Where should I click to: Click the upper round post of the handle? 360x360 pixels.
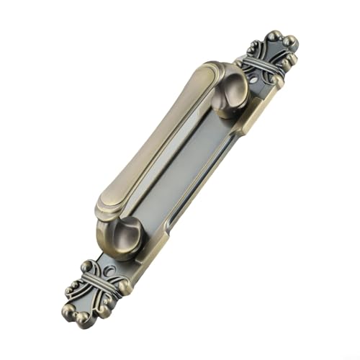pyautogui.click(x=229, y=89)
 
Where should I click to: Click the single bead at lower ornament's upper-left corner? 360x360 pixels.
pyautogui.click(x=86, y=264)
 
